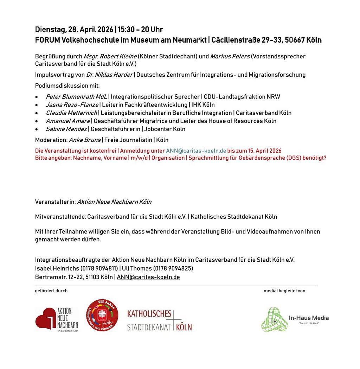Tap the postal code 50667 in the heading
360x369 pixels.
click(x=295, y=40)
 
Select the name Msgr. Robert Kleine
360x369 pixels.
click(x=110, y=56)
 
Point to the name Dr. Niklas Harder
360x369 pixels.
click(x=109, y=75)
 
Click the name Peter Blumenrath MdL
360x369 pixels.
click(x=76, y=96)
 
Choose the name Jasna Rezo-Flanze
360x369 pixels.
click(x=72, y=104)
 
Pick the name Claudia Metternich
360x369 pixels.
click(x=71, y=113)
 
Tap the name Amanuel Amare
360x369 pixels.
click(x=67, y=121)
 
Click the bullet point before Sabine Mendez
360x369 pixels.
click(x=37, y=129)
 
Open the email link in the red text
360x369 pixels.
click(x=196, y=151)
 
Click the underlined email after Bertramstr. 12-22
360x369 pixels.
click(x=148, y=277)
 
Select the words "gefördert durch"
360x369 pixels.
click(x=51, y=291)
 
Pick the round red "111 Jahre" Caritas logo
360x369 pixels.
click(x=102, y=315)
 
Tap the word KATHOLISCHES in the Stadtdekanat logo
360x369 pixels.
click(x=149, y=314)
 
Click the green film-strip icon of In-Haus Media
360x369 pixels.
click(x=274, y=319)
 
